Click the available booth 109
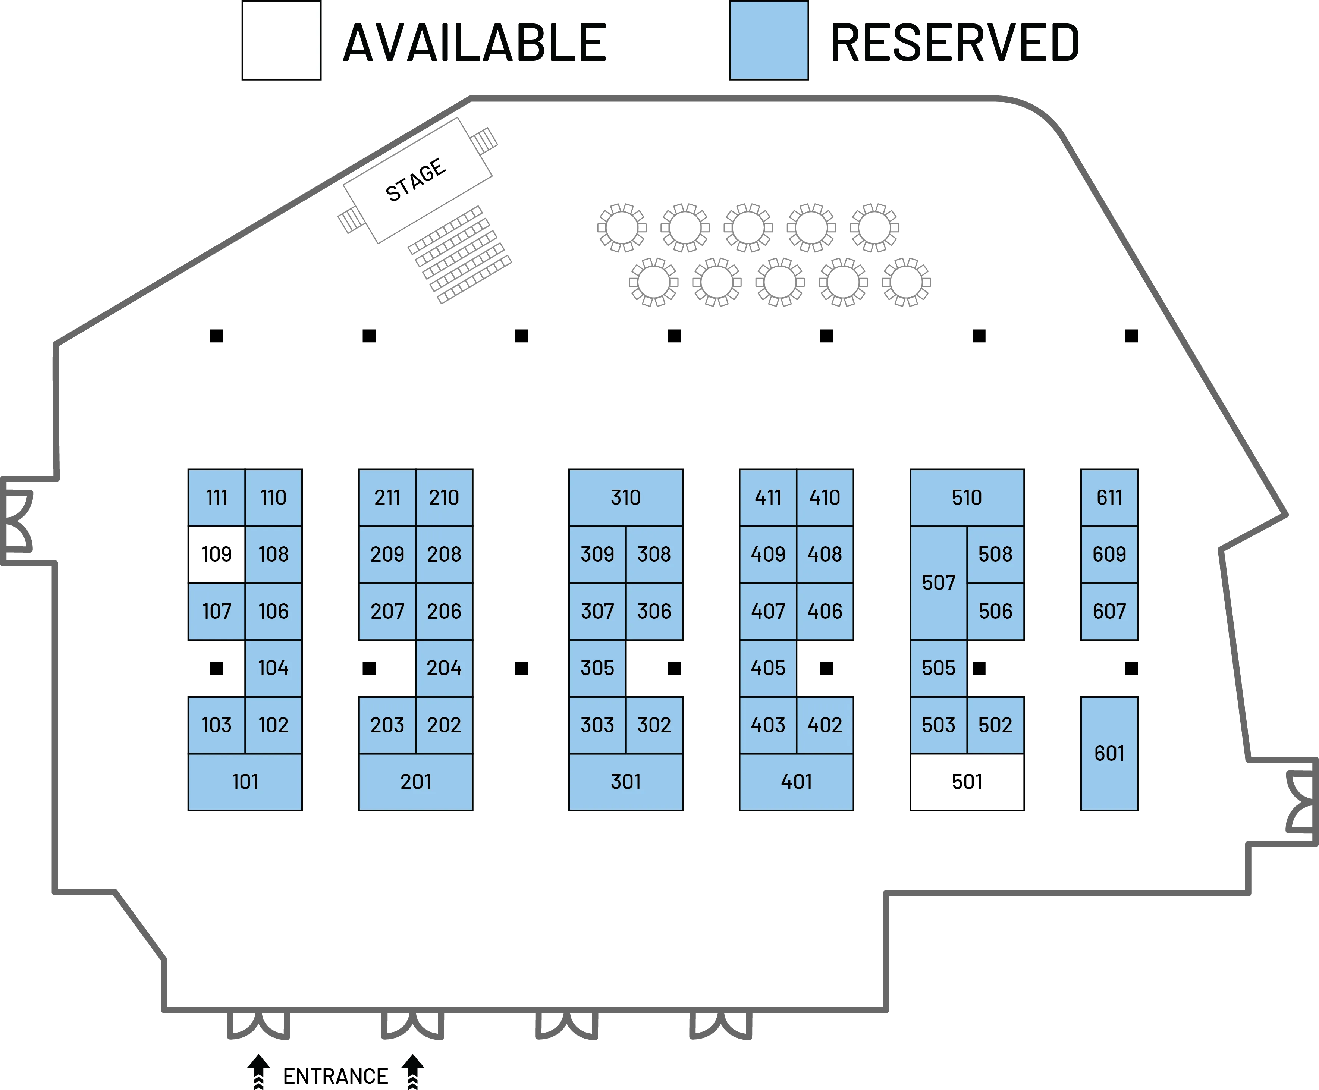click(217, 555)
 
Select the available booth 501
click(967, 782)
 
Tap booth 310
click(625, 497)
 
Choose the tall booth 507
click(939, 583)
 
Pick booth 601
click(1109, 754)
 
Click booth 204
click(444, 668)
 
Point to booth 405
click(768, 668)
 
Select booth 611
click(1109, 497)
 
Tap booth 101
click(245, 782)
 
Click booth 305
click(597, 668)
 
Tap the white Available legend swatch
click(281, 40)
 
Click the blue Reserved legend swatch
click(769, 40)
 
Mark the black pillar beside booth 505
click(979, 668)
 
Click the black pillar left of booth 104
click(217, 668)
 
